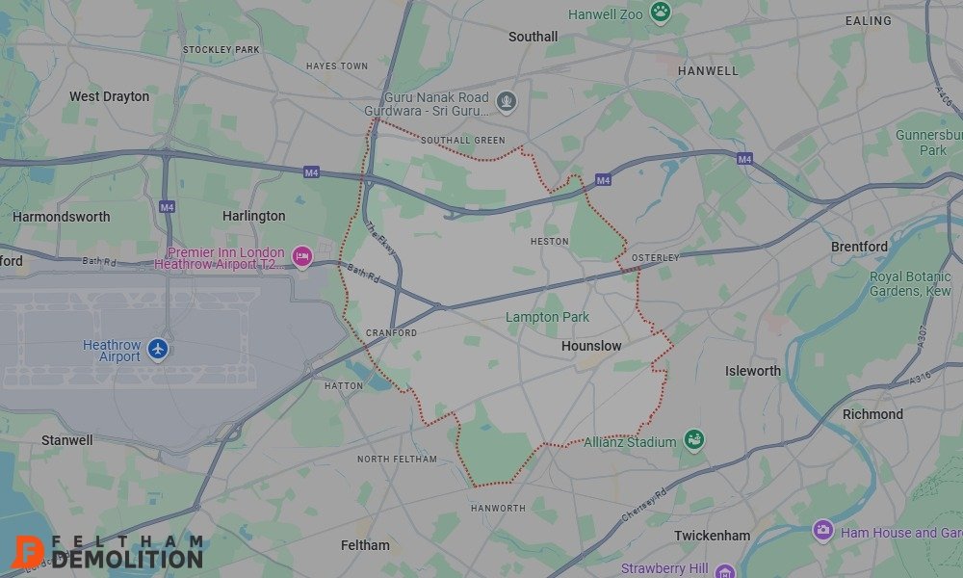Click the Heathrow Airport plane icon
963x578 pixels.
(159, 349)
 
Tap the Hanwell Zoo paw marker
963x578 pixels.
(660, 13)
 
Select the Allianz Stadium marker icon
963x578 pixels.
(693, 440)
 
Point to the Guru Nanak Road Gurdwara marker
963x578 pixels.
(507, 100)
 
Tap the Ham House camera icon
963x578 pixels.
(822, 531)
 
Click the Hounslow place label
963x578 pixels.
(591, 346)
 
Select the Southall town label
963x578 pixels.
(533, 37)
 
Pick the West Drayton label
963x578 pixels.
(109, 96)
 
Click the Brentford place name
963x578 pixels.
(859, 247)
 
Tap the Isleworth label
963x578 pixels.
(753, 371)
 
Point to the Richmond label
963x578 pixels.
(872, 414)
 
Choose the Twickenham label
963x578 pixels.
(712, 536)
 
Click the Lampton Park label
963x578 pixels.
(548, 317)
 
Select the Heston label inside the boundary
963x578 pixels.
(550, 242)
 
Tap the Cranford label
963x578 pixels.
(391, 333)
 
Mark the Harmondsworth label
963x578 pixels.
(61, 217)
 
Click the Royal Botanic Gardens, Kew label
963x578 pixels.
(910, 283)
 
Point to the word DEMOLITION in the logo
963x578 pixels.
(127, 559)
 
